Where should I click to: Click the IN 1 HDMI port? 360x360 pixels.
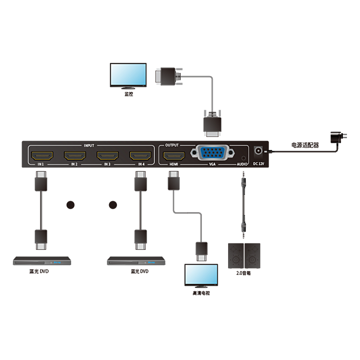[x=41, y=156]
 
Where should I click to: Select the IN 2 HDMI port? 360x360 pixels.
[x=74, y=156]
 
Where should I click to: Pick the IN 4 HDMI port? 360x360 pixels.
[x=140, y=156]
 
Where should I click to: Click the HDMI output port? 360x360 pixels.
[x=174, y=156]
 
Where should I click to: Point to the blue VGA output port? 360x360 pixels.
[x=212, y=153]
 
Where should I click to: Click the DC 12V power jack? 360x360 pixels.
[x=258, y=152]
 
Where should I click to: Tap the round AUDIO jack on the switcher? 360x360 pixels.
[x=243, y=157]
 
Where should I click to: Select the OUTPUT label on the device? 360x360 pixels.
[x=172, y=145]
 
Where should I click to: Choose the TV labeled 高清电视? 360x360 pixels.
[x=201, y=275]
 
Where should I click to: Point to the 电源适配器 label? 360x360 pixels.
[x=305, y=145]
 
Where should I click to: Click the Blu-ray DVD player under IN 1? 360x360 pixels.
[x=41, y=261]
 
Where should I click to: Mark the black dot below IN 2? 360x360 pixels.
[x=71, y=205]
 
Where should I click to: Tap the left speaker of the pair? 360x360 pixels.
[x=236, y=256]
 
